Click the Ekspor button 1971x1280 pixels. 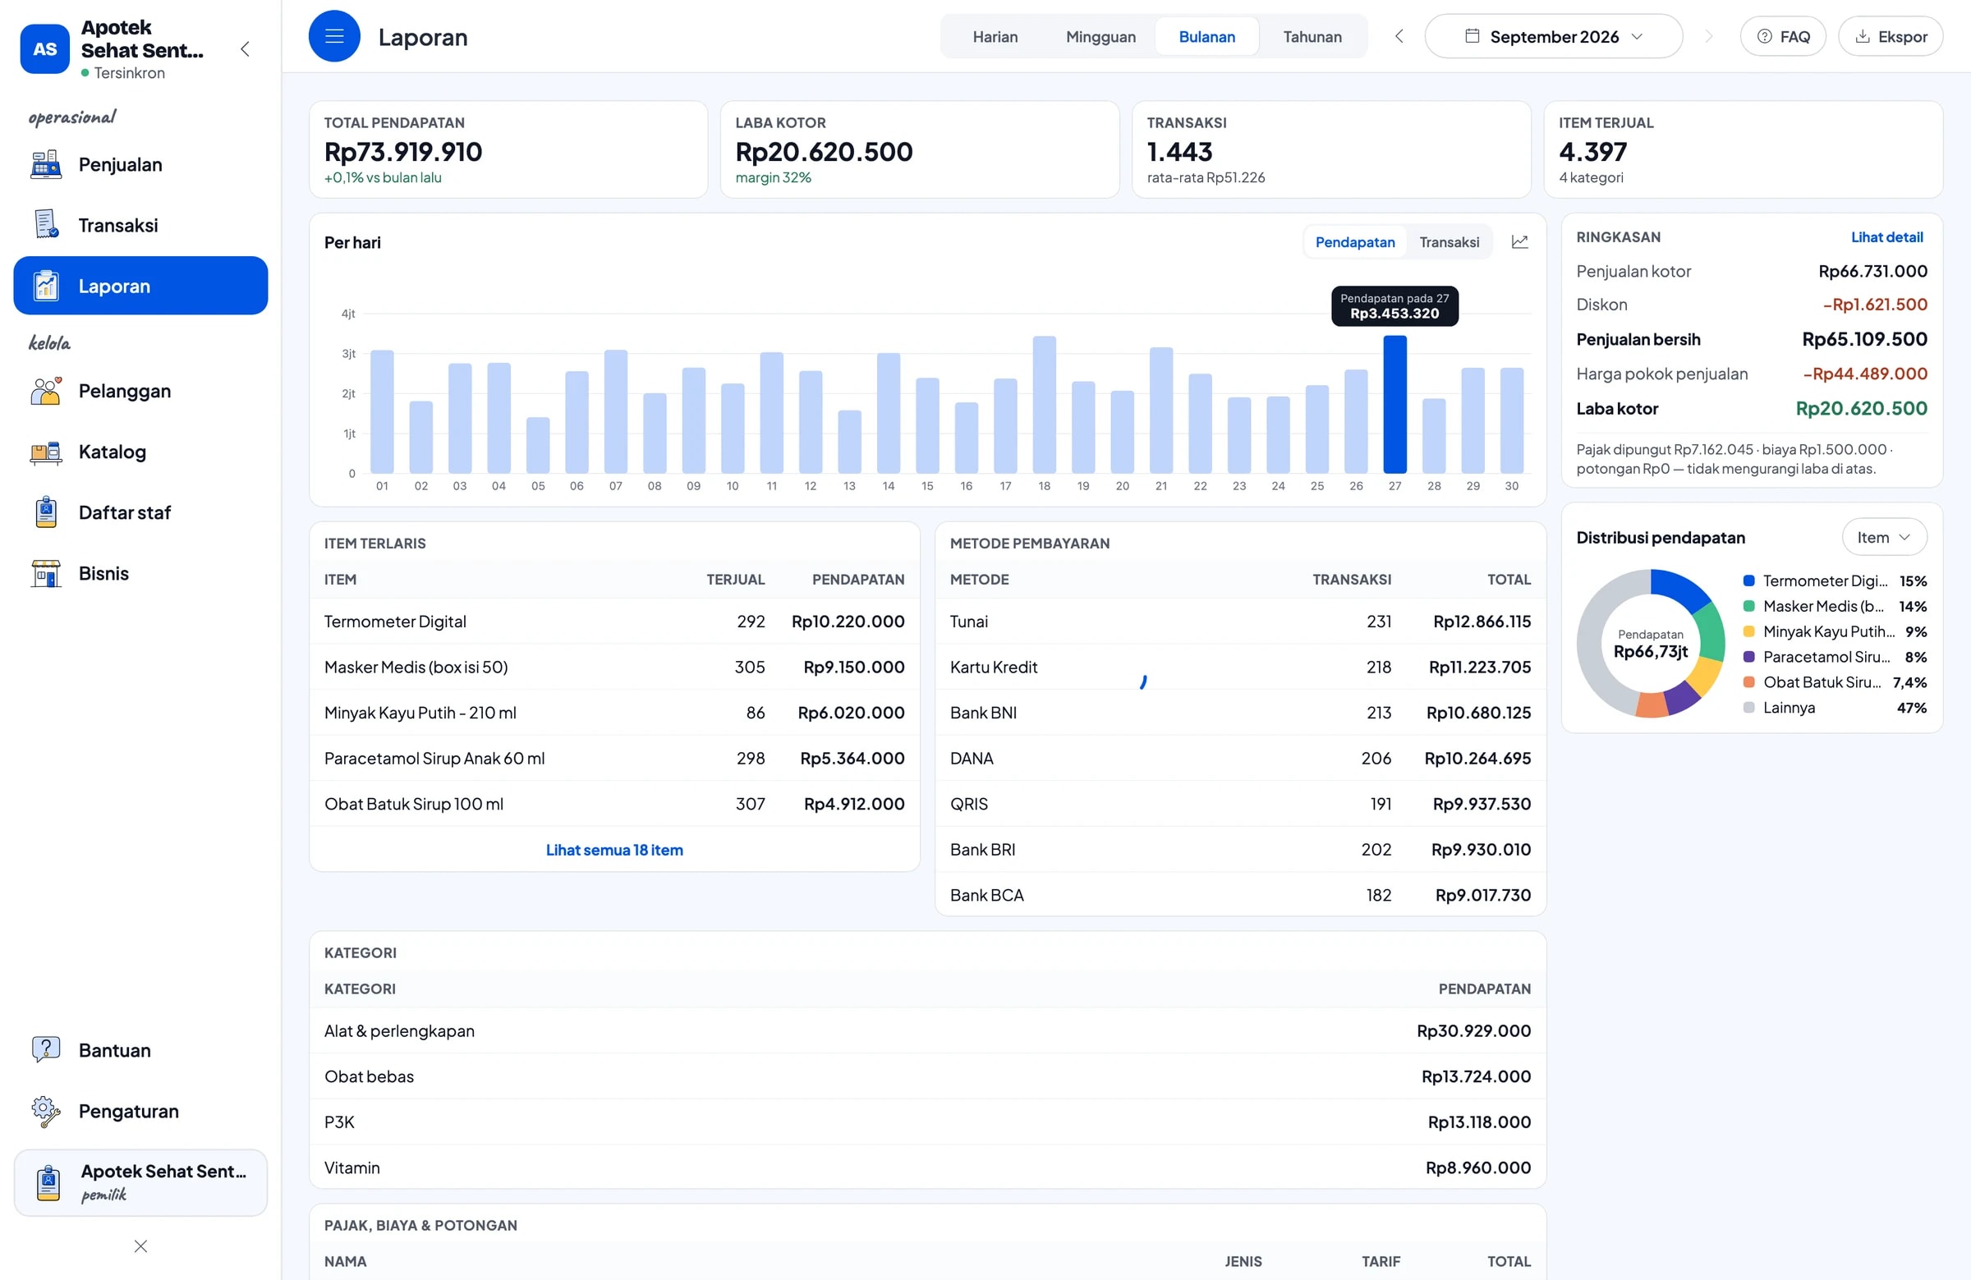(x=1890, y=36)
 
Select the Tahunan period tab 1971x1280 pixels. (x=1312, y=36)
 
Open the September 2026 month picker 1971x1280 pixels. (x=1553, y=36)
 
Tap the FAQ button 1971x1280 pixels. (x=1782, y=36)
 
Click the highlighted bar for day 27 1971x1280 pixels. (x=1394, y=404)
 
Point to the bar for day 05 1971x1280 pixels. (x=537, y=446)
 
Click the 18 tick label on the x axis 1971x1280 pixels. (x=1045, y=486)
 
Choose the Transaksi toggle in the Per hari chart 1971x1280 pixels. (x=1449, y=241)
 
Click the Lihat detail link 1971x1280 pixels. (x=1886, y=236)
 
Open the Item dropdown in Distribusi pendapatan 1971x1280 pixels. (x=1883, y=537)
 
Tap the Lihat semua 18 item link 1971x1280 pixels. (x=613, y=850)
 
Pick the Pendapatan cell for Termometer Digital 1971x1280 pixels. (x=848, y=621)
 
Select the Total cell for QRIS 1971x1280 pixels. (x=1482, y=804)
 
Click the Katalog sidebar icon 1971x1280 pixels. (x=46, y=452)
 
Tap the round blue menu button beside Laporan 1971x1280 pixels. (x=334, y=36)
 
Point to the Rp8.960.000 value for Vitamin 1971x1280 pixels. (x=1477, y=1168)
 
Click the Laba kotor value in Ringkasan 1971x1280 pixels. (x=1861, y=408)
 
